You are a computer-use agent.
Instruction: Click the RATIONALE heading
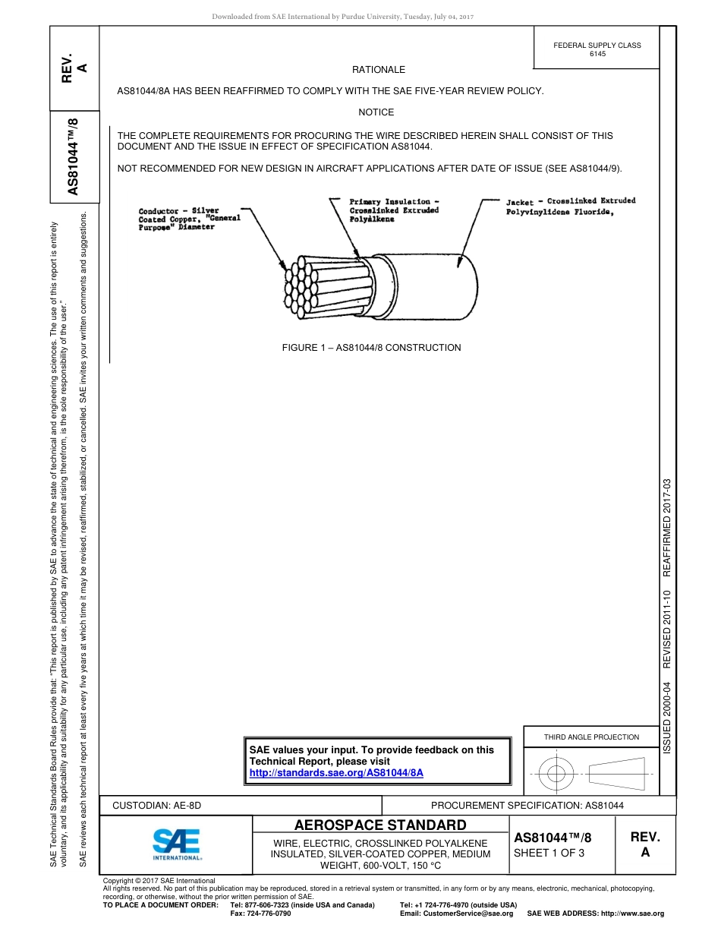379,70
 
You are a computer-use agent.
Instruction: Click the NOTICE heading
376,112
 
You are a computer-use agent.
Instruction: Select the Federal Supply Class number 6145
597,54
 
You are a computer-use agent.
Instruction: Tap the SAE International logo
177,843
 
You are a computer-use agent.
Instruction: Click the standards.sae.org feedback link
335,772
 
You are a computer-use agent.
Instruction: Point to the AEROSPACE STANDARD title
380,825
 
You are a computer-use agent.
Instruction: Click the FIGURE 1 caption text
371,348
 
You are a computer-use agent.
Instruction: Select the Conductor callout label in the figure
189,219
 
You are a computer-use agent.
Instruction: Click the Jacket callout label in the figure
571,207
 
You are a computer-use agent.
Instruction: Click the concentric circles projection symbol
556,774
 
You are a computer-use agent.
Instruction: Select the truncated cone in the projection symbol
616,774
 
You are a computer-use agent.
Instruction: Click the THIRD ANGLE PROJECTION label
591,737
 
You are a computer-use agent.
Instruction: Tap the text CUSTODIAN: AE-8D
157,806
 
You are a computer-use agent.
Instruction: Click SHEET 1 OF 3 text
549,853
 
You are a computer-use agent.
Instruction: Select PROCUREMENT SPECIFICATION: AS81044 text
527,806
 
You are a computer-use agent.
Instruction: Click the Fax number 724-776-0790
260,913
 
